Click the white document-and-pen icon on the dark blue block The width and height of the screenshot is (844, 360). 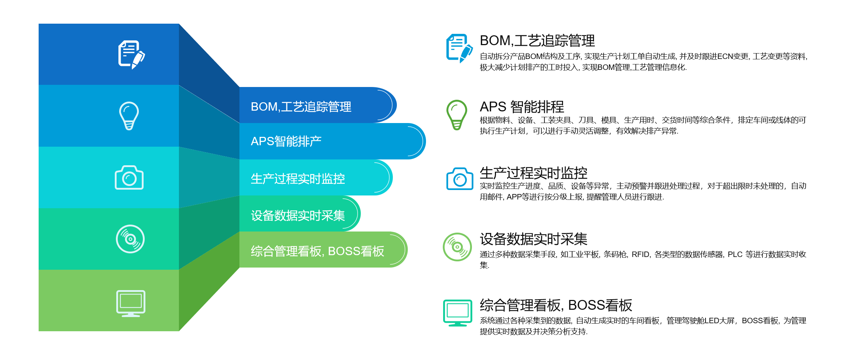(131, 55)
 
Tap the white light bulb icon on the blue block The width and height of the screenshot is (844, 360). (129, 116)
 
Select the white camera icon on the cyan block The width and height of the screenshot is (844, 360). (129, 178)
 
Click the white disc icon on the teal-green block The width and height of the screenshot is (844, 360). (130, 239)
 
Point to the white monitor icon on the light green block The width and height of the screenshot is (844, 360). (131, 304)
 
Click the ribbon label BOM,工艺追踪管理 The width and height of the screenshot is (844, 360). (301, 107)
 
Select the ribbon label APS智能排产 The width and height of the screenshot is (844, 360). (286, 141)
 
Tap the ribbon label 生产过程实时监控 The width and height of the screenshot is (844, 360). (298, 179)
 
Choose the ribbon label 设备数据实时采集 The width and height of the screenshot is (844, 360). (298, 215)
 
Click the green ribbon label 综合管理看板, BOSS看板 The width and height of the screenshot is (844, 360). (317, 251)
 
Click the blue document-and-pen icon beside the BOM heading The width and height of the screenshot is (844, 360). (460, 48)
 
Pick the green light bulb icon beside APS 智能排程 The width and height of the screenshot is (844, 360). (457, 115)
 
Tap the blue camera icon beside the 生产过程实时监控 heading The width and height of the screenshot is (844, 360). (460, 178)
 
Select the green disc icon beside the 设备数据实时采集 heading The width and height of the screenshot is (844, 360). (457, 247)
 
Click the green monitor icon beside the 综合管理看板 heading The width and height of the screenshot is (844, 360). (458, 313)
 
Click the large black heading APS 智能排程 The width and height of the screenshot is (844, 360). (522, 107)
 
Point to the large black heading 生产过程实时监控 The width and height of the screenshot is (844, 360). (534, 173)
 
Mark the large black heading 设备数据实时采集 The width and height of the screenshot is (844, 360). (534, 239)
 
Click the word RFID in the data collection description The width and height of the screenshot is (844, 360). (641, 254)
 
